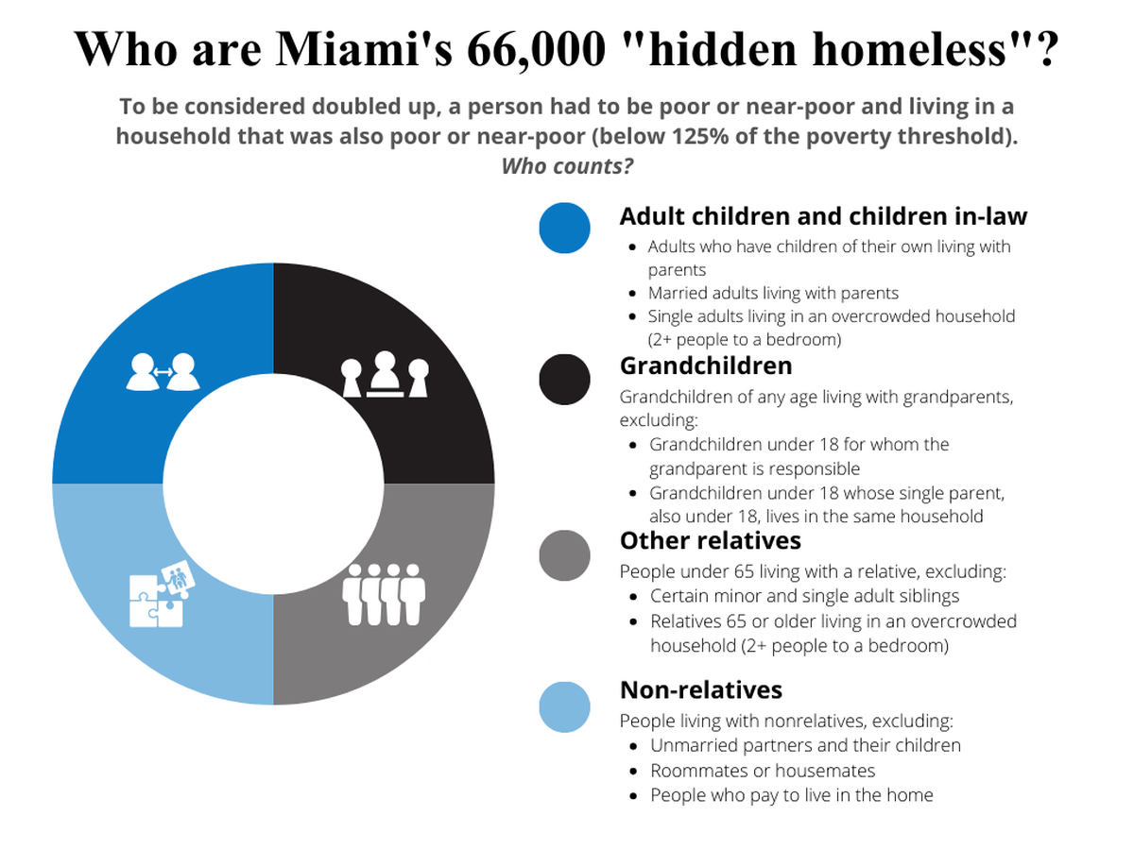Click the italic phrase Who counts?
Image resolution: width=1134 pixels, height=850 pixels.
[x=567, y=166]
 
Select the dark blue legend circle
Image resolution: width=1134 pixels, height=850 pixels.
[x=564, y=229]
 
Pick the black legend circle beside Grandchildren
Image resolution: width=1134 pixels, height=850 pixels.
[x=564, y=380]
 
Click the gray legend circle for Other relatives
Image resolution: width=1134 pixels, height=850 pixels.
[x=564, y=555]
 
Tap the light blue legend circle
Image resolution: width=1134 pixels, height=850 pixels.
[x=564, y=707]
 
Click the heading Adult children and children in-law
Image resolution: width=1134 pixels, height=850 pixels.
[x=823, y=215]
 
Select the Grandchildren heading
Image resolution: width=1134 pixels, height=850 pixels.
[x=706, y=365]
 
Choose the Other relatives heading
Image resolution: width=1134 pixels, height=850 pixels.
[x=711, y=540]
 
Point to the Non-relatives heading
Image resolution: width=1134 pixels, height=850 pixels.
[x=701, y=689]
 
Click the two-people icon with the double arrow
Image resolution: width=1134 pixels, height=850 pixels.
[x=163, y=371]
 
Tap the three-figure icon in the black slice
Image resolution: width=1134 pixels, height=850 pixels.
[x=385, y=374]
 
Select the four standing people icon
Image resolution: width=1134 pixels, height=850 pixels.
[x=384, y=595]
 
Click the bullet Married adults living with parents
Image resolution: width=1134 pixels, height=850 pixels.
[x=773, y=293]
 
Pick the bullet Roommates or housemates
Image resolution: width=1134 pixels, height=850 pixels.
[x=763, y=771]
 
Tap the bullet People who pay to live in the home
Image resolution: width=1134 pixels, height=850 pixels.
[x=792, y=795]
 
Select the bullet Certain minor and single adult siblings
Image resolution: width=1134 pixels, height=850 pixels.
[x=804, y=596]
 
